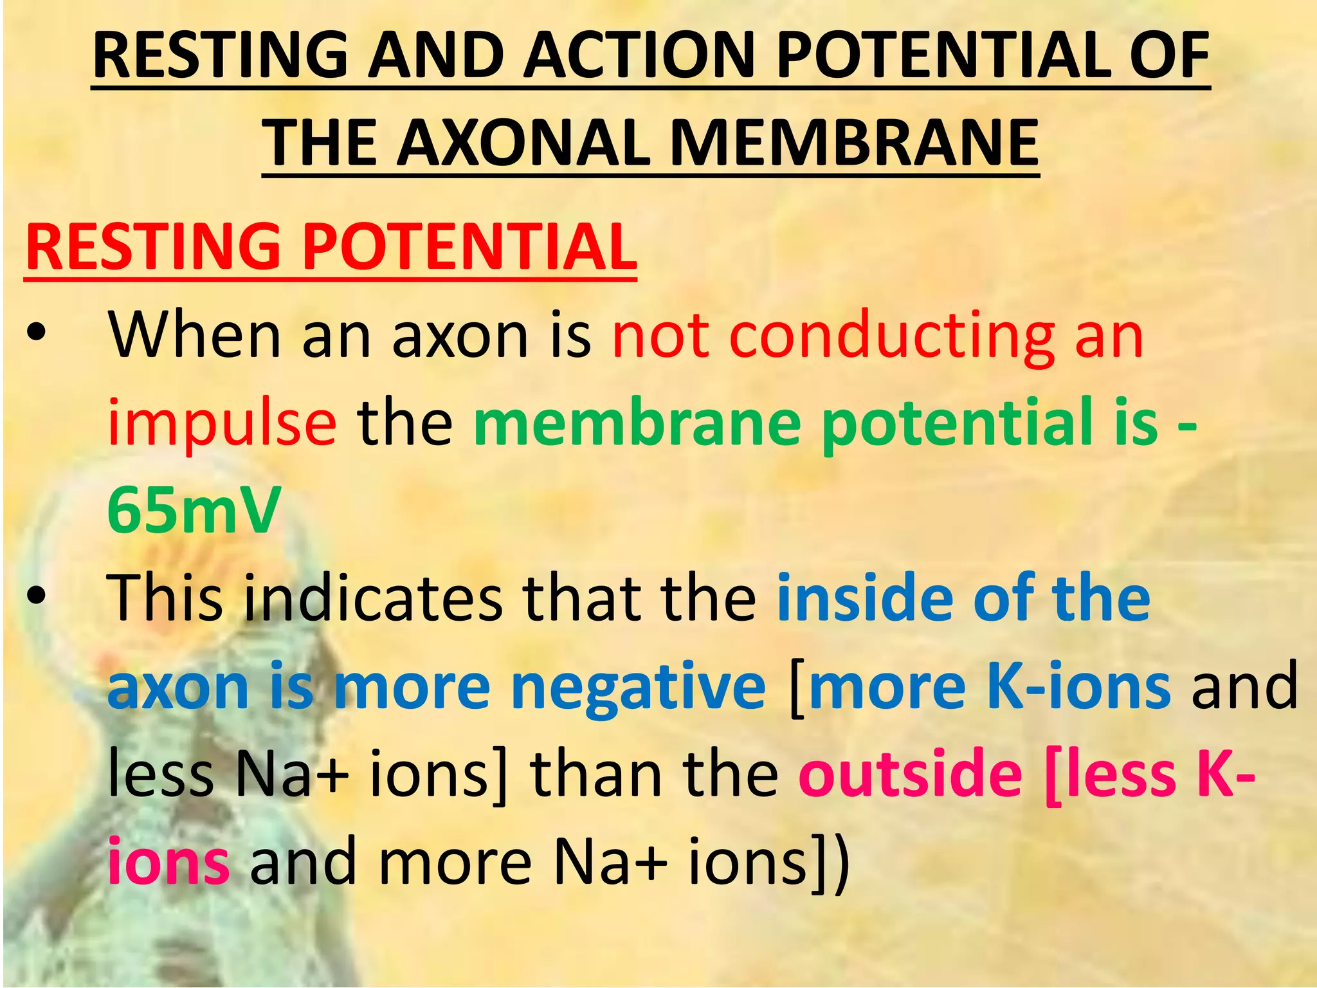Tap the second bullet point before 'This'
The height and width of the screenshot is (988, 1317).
click(37, 597)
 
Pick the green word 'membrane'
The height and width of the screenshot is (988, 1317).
click(637, 423)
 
